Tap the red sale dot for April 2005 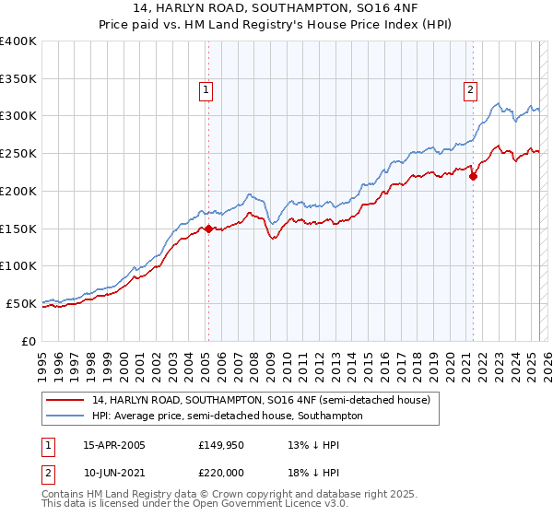[x=208, y=229]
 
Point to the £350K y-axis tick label [x=18, y=78]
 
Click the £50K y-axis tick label [x=21, y=303]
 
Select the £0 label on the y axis [x=29, y=341]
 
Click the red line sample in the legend [x=65, y=401]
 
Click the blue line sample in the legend [x=65, y=416]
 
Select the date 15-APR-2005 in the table [x=114, y=445]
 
